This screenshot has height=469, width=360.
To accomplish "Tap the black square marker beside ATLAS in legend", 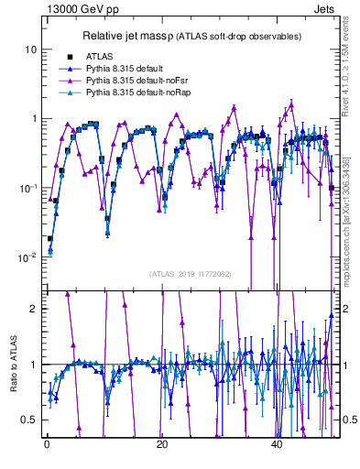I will tap(69, 57).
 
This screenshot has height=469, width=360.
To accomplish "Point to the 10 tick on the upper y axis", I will tap(32, 49).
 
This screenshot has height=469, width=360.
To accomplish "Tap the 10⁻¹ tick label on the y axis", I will tap(30, 187).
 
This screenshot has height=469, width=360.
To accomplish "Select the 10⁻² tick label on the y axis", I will tap(30, 257).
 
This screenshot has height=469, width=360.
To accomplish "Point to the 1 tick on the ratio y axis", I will tap(36, 365).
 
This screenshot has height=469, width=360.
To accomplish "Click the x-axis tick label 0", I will tap(46, 444).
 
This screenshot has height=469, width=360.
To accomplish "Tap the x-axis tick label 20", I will tap(161, 444).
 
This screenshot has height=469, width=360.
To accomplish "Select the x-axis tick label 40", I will tap(277, 444).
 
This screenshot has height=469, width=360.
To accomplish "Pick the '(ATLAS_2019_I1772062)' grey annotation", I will tap(191, 273).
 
